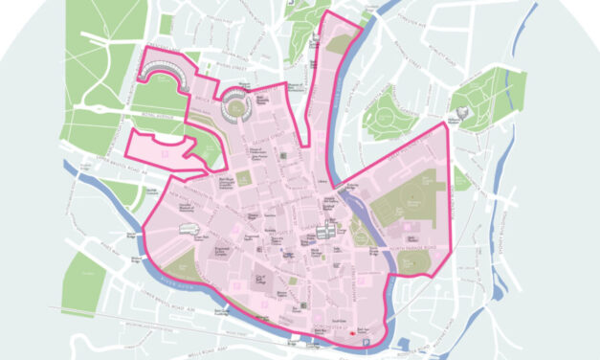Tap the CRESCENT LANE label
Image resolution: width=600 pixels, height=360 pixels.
[x=163, y=48]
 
